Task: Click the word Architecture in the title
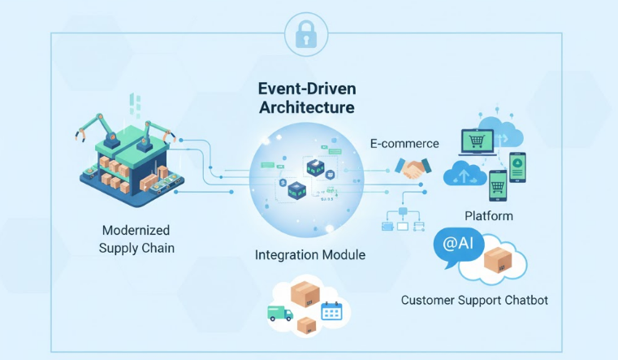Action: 306,107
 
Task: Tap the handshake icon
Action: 413,168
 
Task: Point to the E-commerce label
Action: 404,144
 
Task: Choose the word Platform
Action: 488,216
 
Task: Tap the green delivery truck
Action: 280,313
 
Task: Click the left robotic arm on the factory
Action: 91,128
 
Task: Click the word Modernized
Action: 136,231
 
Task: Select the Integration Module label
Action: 309,255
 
